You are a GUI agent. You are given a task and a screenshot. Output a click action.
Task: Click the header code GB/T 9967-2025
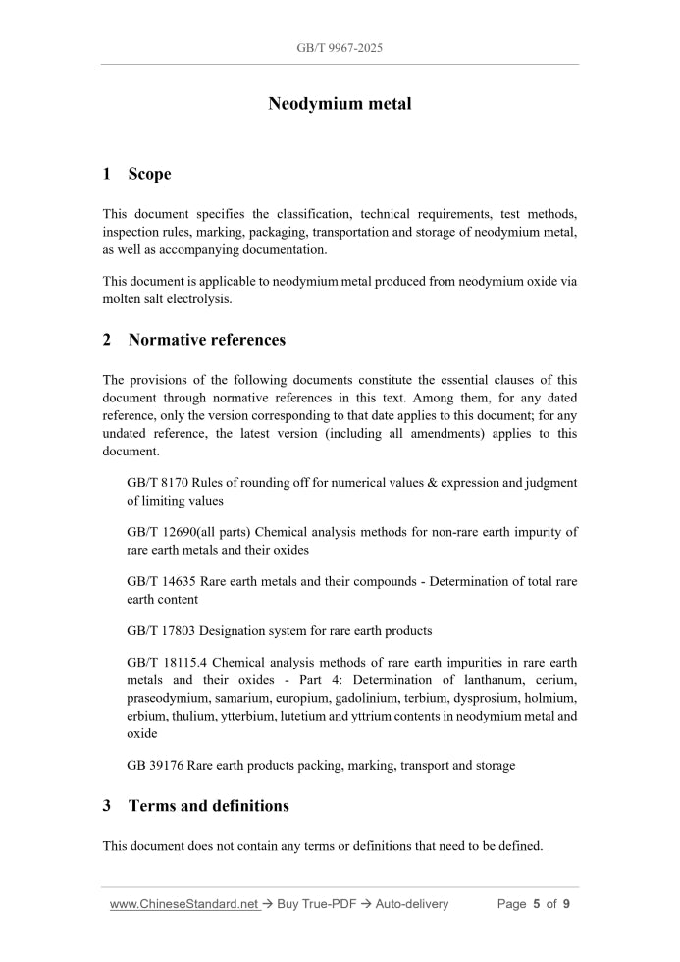pos(340,47)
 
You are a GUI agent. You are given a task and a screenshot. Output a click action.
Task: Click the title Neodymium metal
pos(340,104)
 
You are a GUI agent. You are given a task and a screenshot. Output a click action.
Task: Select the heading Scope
pos(149,174)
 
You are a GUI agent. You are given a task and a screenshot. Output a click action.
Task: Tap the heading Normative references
pos(207,340)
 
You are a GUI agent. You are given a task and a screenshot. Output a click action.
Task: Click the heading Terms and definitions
pos(208,806)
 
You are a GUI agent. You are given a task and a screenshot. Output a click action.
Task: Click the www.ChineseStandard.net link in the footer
pos(183,904)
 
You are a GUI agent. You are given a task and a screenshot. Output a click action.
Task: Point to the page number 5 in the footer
pos(537,904)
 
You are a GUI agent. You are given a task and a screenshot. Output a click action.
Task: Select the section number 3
pos(107,806)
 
